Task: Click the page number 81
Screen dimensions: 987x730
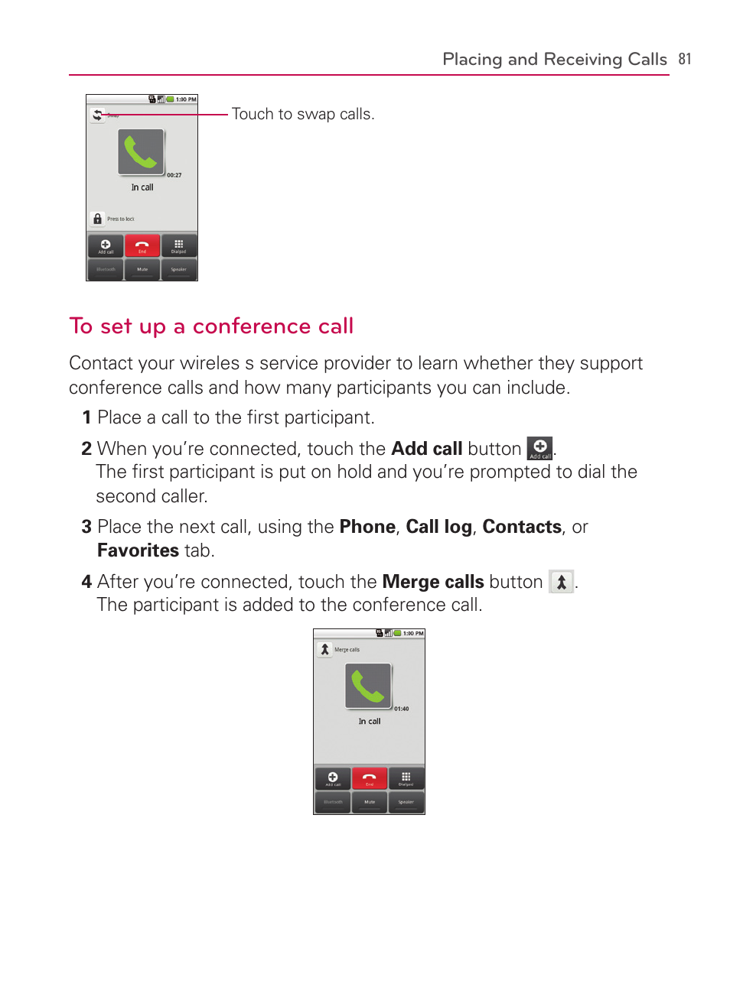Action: point(684,59)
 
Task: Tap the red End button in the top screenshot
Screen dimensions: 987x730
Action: point(142,246)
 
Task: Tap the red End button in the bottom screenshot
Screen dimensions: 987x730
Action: point(370,779)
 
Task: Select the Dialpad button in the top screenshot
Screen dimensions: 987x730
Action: point(178,246)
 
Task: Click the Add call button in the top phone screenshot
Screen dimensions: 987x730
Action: point(106,246)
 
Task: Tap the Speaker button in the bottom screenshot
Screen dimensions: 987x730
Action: point(406,802)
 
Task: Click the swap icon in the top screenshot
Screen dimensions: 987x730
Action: point(97,115)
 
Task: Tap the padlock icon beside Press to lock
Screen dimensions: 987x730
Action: point(97,219)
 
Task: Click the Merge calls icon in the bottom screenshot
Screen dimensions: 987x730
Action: point(324,649)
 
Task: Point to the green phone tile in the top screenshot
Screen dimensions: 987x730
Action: point(141,151)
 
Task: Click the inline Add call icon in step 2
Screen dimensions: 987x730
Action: point(539,449)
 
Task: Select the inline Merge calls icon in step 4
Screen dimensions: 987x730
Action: point(561,582)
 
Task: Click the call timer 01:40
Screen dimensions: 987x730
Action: point(402,709)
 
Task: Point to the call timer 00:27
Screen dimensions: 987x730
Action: point(174,175)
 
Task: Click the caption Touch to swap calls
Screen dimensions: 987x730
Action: point(303,114)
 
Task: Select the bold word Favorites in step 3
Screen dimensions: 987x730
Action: point(138,550)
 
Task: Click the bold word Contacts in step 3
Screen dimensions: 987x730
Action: point(522,527)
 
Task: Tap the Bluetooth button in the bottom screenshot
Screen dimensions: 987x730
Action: point(333,802)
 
